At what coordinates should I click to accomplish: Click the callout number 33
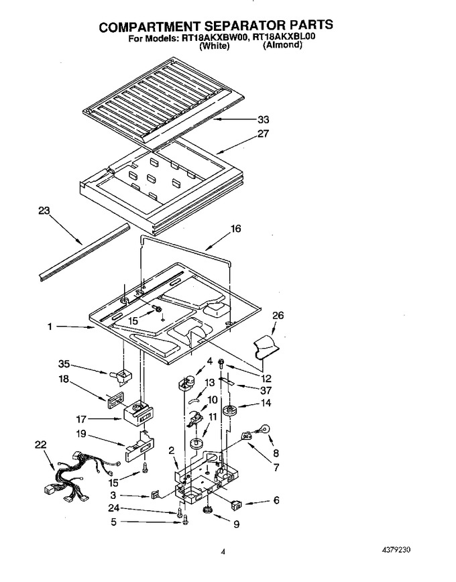264,119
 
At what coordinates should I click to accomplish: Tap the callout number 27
263,133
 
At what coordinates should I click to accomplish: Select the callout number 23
44,211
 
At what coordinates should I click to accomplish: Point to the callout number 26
278,315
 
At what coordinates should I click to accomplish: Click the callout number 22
41,445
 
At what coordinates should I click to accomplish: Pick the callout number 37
266,390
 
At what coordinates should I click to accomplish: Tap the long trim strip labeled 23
84,251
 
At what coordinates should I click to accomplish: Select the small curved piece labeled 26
266,347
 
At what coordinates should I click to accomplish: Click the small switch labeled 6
236,504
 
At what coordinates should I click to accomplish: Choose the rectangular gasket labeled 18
115,401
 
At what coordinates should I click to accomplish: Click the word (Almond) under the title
282,46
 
